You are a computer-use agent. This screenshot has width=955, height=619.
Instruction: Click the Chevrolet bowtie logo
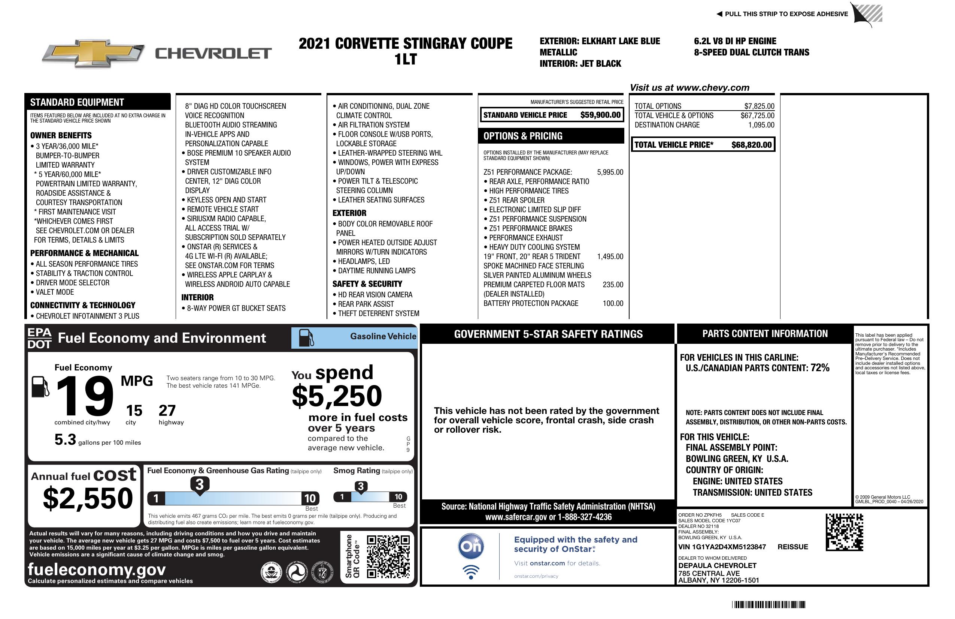93,53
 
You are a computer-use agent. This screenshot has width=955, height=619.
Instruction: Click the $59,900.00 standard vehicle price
600,115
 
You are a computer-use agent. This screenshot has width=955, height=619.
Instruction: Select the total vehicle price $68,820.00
751,145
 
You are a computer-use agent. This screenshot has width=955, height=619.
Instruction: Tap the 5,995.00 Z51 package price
610,172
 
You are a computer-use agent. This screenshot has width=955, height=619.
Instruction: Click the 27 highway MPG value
167,411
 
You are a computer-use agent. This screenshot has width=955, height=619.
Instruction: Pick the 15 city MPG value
134,411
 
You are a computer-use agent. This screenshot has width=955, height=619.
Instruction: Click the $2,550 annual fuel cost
88,498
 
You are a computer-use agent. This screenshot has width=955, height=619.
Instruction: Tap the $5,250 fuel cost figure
337,396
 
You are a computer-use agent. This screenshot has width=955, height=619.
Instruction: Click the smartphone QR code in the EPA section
388,556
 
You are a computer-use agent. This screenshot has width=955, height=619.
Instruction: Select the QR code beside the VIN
844,532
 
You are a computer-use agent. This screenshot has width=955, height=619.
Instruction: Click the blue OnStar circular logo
471,546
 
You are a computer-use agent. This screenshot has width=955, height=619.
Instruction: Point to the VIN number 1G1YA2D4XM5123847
722,547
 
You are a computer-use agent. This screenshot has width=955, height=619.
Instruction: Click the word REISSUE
792,547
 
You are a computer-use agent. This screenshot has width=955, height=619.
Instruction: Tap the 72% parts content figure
819,368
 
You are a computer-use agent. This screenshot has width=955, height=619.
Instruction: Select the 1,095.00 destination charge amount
761,125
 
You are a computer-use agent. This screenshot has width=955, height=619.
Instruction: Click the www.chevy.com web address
712,88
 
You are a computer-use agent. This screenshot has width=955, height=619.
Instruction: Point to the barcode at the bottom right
768,604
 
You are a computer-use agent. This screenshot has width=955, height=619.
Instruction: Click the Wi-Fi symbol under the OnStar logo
471,572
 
